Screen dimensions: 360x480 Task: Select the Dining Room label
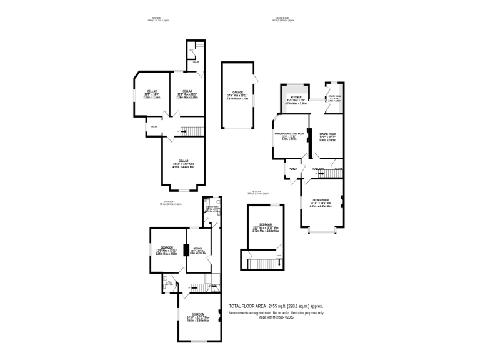(x=328, y=134)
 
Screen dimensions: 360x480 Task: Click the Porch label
(x=292, y=169)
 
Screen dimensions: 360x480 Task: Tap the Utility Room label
(x=335, y=96)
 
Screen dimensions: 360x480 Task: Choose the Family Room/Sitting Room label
(x=289, y=134)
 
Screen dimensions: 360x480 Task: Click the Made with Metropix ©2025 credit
(x=276, y=317)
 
